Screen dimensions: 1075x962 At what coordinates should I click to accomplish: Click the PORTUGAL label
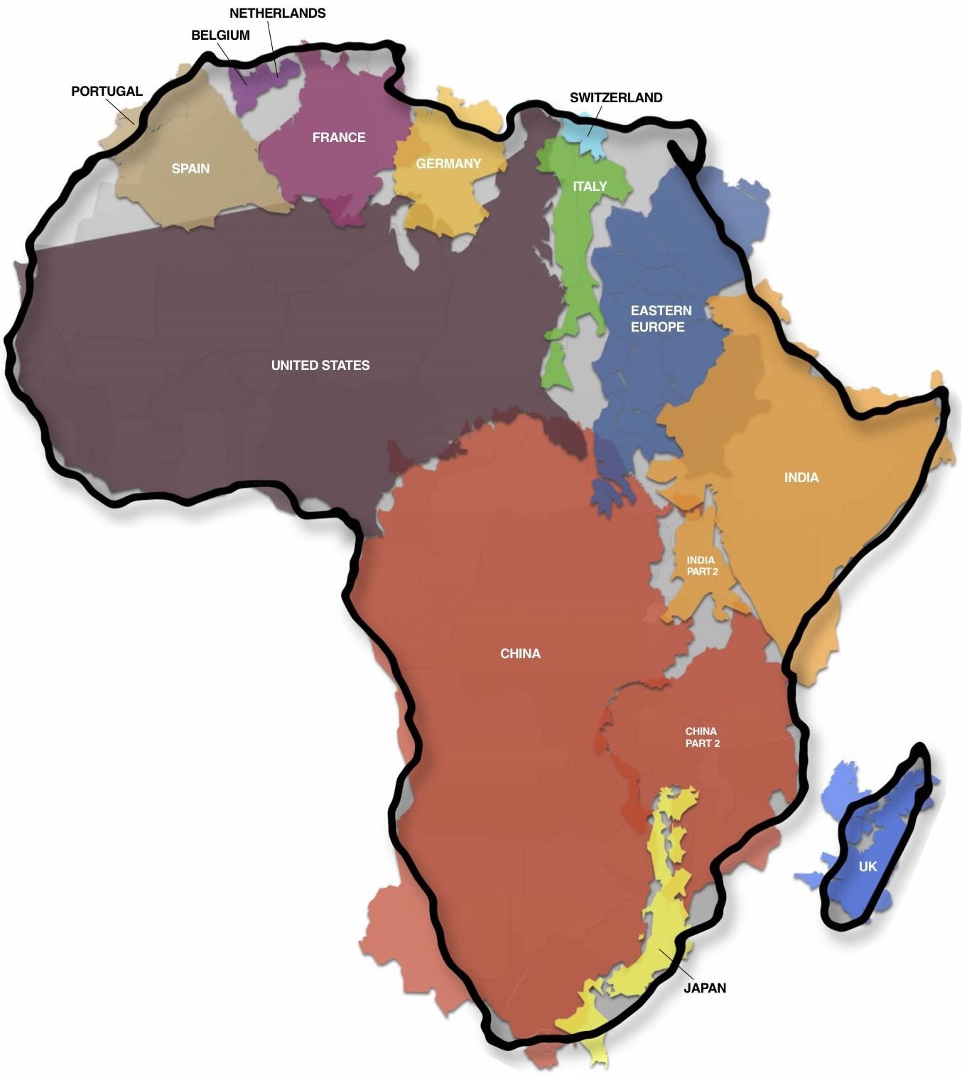tap(107, 92)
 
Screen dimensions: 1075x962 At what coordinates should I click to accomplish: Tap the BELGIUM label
tap(220, 36)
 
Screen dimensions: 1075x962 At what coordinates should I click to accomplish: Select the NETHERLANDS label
tap(277, 13)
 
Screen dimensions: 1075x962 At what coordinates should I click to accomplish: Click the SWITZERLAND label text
tap(616, 98)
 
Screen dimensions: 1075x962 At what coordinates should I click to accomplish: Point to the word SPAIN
tap(190, 168)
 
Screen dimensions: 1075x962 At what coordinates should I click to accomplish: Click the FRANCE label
tap(339, 137)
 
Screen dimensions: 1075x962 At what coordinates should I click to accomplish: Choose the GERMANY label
tap(448, 164)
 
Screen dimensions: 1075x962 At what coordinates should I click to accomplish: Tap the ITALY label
tap(590, 186)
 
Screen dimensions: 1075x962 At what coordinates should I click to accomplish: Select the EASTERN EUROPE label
tap(660, 319)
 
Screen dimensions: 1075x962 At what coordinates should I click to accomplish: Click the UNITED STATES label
tap(320, 365)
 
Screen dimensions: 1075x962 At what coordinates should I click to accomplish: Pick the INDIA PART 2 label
tap(701, 566)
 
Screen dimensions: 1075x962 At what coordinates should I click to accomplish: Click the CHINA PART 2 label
tap(702, 737)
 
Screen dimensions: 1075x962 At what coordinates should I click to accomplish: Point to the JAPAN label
tap(705, 988)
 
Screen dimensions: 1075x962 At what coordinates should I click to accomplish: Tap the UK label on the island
tap(868, 866)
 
